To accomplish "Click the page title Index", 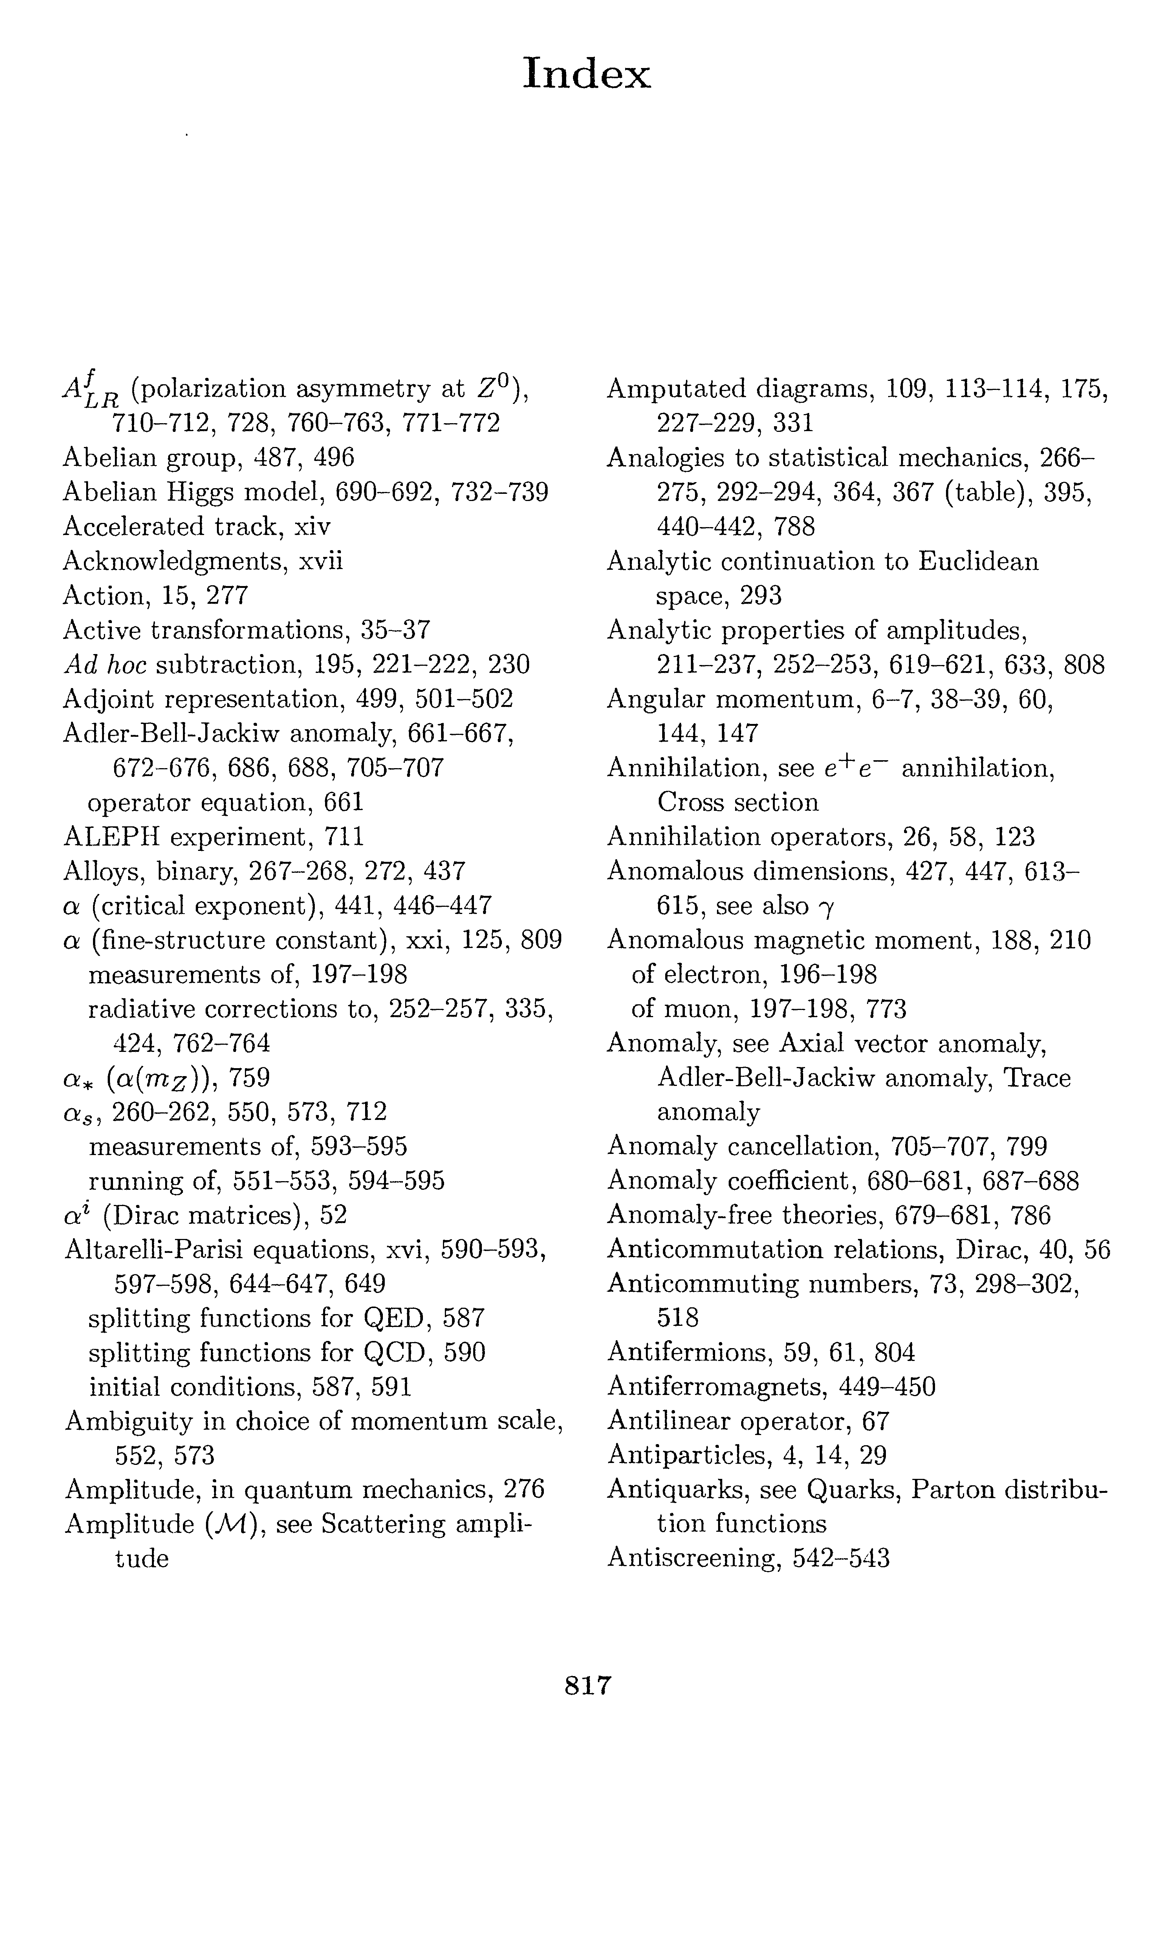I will click(587, 75).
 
